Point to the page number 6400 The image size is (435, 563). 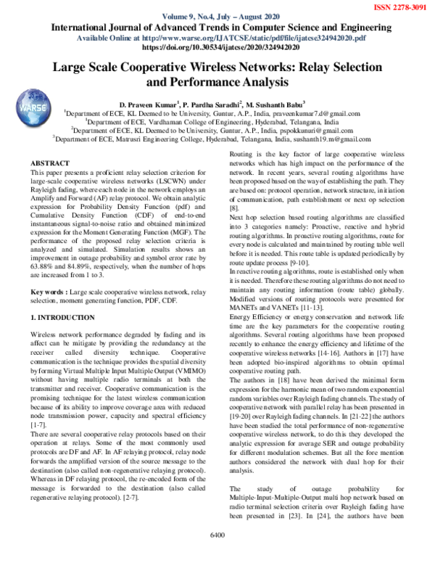(x=217, y=556)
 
